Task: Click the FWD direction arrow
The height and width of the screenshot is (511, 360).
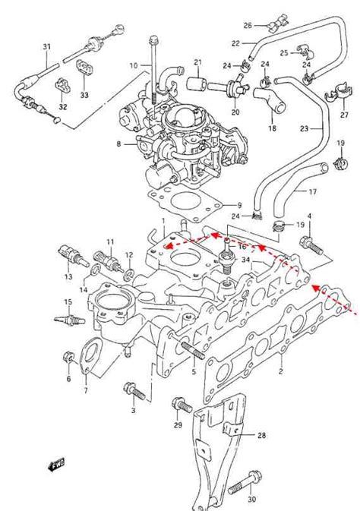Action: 55,464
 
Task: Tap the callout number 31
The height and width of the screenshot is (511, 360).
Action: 47,46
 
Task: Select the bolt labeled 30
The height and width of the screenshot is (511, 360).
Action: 244,483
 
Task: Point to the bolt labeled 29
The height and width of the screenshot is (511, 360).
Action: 182,405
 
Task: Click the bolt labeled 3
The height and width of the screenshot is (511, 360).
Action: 134,391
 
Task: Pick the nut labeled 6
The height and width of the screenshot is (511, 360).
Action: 68,358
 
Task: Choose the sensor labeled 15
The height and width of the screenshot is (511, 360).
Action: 69,320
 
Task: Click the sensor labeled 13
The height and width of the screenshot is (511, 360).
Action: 73,257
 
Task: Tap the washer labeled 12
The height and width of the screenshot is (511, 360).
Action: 128,274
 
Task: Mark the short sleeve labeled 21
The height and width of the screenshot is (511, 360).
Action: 196,84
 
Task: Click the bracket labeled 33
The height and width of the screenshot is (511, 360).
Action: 85,68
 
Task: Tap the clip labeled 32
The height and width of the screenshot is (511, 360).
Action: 62,85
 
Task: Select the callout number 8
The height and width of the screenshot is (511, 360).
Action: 118,144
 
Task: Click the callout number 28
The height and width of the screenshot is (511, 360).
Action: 261,435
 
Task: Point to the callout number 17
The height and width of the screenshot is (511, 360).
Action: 312,191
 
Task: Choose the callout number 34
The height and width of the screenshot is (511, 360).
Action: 245,260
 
